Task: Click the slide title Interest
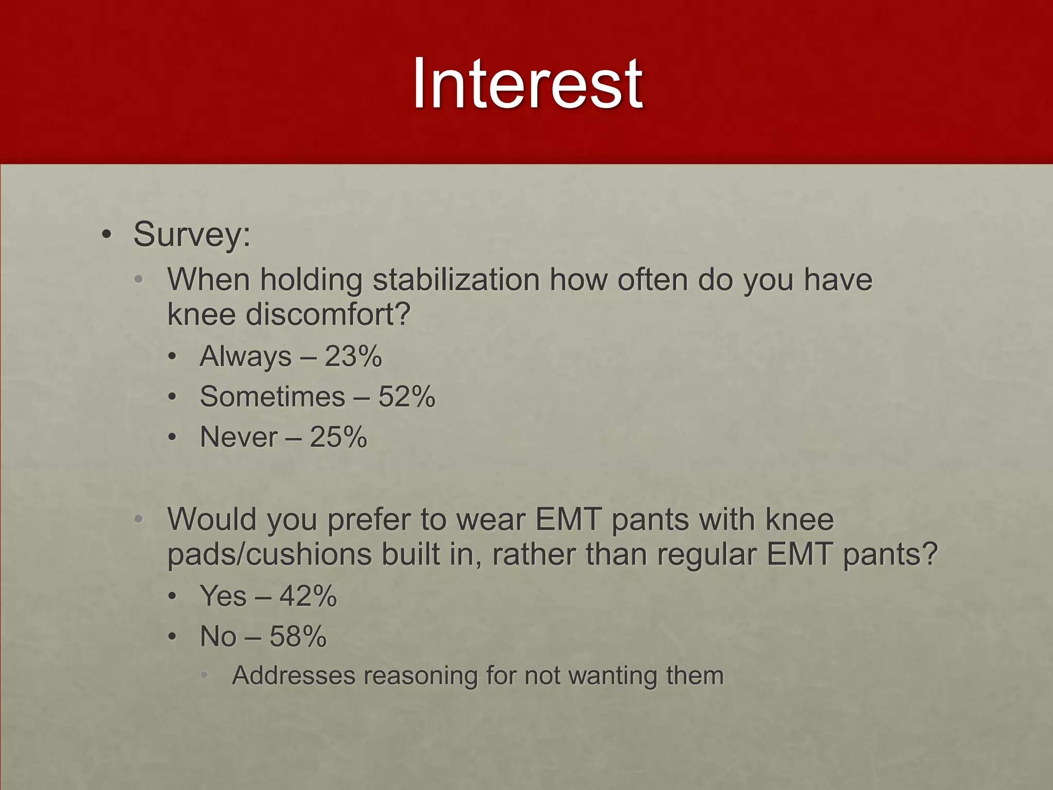527,84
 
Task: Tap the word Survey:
192,235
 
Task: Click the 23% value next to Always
353,356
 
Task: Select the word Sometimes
273,397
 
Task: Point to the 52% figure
407,397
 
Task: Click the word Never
239,437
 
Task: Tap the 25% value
338,437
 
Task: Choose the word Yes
223,596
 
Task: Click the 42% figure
308,596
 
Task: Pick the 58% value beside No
298,636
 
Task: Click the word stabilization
456,280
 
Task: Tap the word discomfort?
328,314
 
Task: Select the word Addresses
294,676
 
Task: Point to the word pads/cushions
269,555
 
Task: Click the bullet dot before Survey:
106,235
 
